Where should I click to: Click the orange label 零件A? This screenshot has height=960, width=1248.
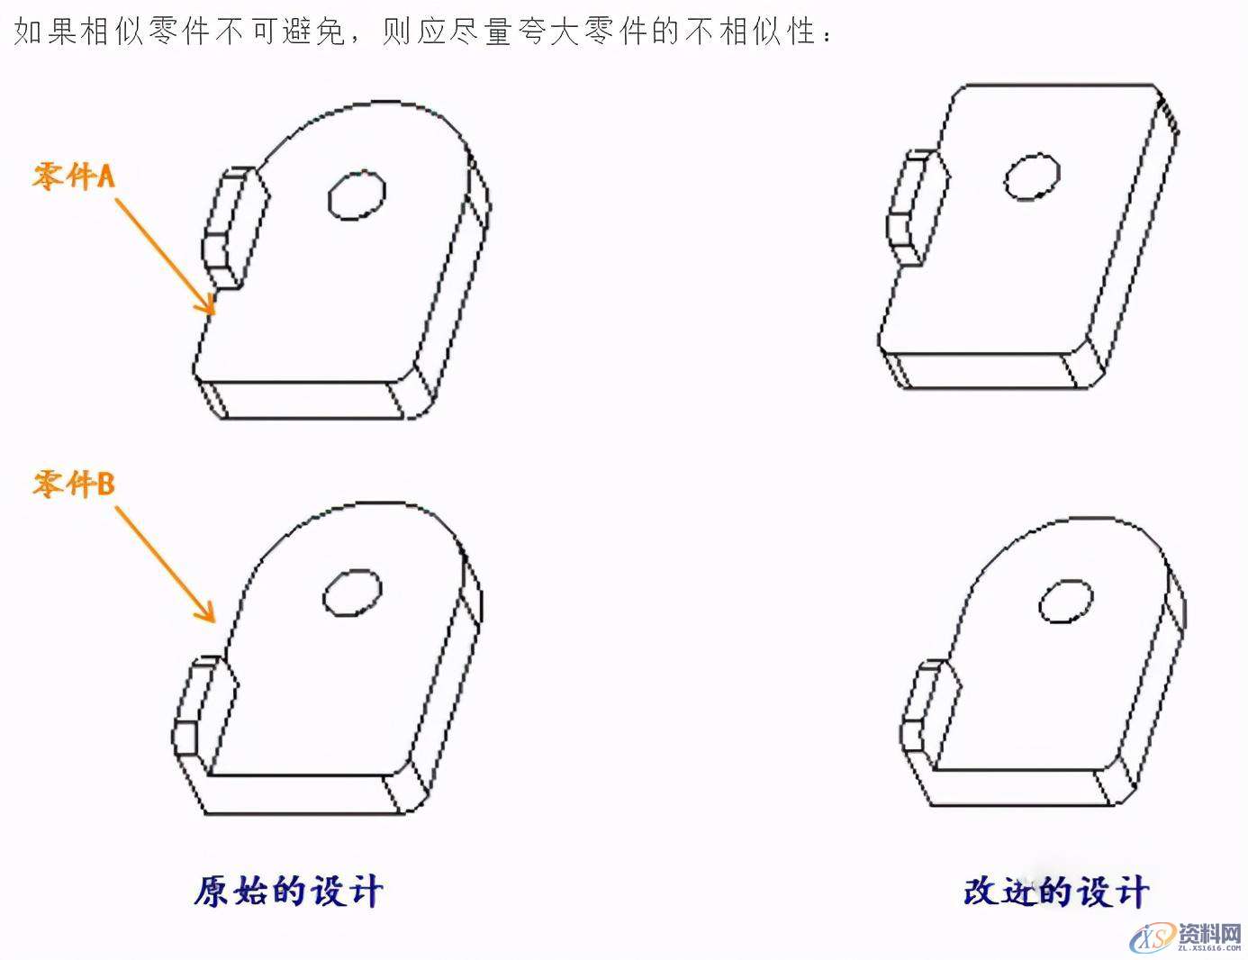click(x=74, y=176)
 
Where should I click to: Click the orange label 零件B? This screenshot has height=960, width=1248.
click(x=74, y=484)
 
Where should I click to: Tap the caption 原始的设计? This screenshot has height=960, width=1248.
click(x=288, y=891)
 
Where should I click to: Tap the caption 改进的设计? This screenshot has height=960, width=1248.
click(x=1055, y=891)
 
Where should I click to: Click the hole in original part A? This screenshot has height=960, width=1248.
click(x=357, y=195)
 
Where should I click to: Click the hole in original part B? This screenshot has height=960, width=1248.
click(x=352, y=593)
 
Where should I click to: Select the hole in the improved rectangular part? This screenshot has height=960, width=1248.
click(x=1032, y=177)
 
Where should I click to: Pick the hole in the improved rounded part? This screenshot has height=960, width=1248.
click(x=1066, y=602)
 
